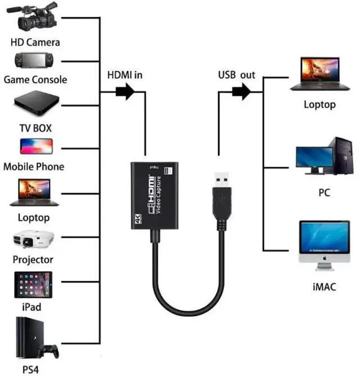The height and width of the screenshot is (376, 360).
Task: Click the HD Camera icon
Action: coord(33,17)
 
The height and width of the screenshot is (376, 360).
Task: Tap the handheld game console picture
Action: coord(34,60)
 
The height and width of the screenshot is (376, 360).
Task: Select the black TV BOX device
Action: coord(37,103)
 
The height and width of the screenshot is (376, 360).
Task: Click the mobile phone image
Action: coord(37,146)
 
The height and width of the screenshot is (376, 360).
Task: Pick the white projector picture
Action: coord(34,239)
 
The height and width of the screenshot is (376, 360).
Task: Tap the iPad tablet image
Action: coord(33,285)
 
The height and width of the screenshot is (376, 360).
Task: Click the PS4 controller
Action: coord(49,351)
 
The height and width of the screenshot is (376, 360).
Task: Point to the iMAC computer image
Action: coord(325,245)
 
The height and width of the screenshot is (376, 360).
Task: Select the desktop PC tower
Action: coord(342,155)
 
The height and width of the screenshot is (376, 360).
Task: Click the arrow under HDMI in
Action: coord(125,92)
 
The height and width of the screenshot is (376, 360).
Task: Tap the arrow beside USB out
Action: coord(241,92)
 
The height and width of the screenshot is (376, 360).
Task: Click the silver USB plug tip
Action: coord(222,180)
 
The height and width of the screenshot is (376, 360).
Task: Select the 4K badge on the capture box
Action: coord(139,219)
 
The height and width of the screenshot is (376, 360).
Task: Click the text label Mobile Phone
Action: coord(34,167)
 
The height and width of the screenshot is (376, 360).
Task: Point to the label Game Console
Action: coord(35,79)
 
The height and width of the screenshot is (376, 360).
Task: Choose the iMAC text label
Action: coord(325,287)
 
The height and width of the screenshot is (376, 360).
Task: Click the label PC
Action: coord(325,193)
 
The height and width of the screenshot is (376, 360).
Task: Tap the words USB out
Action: coord(237,75)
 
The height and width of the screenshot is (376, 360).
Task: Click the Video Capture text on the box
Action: coord(158,195)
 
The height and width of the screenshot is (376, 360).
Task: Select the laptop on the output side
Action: coord(320,74)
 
